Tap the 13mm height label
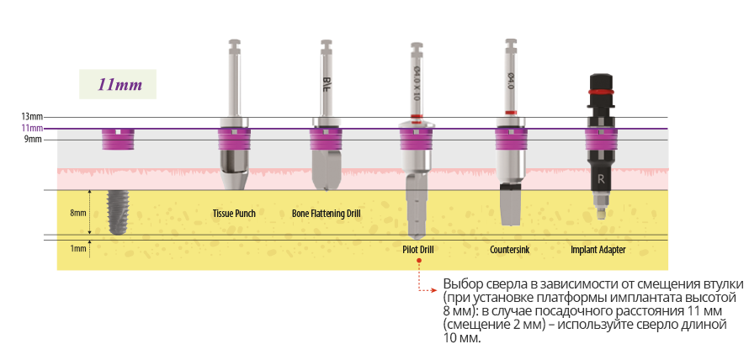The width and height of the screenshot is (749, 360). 32,117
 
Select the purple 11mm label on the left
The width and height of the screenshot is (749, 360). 32,128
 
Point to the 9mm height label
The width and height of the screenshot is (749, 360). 34,140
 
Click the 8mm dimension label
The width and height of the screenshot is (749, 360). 77,213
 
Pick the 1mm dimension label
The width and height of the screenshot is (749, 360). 77,249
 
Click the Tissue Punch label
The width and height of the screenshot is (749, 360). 234,214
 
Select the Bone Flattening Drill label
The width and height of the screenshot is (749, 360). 326,214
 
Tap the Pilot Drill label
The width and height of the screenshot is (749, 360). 418,250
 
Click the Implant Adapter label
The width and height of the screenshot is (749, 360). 598,250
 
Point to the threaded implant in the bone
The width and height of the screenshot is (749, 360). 117,212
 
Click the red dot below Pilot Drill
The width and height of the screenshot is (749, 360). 418,261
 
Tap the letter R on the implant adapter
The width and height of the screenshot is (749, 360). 601,179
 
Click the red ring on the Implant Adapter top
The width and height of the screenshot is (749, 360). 600,90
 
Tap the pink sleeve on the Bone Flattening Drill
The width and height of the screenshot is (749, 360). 326,140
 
